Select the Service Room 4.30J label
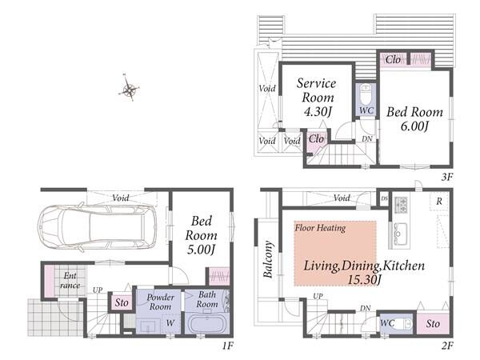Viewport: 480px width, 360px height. [x=317, y=98]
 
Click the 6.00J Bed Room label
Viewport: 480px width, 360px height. [x=414, y=118]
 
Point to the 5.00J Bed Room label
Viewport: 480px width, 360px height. [x=201, y=235]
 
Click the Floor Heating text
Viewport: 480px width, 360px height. [x=320, y=228]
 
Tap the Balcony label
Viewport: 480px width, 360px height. [x=268, y=259]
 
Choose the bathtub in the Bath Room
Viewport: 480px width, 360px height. [x=207, y=324]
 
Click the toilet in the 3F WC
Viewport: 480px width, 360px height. [x=366, y=94]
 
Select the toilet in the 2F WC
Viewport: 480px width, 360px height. [x=404, y=323]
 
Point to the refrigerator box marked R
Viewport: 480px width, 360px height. [x=439, y=202]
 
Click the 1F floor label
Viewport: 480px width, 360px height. [x=228, y=346]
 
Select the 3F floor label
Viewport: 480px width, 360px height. [x=447, y=177]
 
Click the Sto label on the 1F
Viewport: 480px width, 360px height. [x=122, y=302]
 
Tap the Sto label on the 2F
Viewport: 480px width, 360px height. [x=433, y=323]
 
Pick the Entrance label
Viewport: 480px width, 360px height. [x=70, y=281]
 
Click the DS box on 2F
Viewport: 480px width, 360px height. [x=384, y=198]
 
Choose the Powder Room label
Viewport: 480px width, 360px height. [x=161, y=302]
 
